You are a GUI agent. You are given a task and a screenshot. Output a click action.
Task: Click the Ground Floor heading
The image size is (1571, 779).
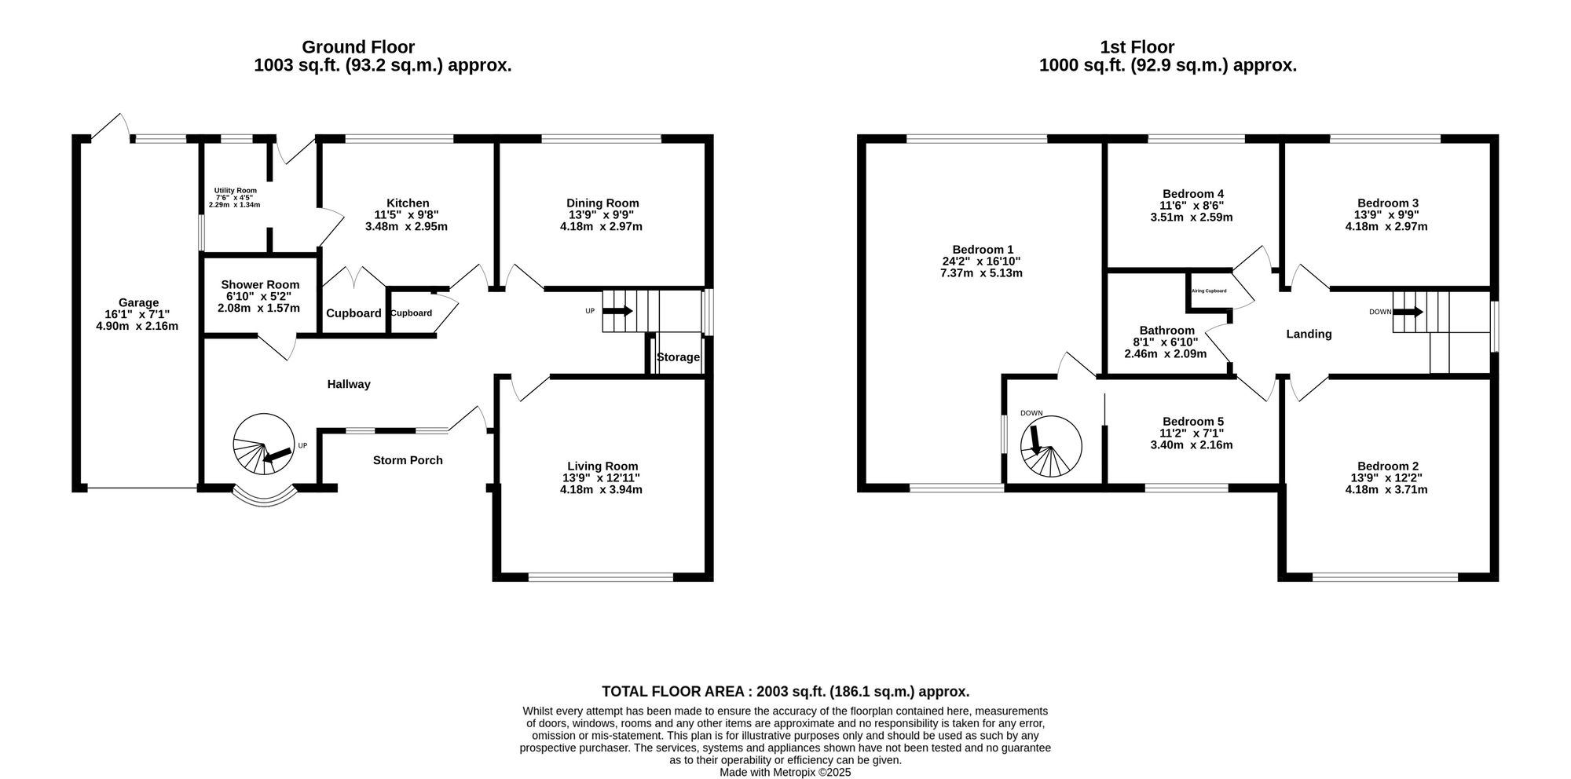(358, 47)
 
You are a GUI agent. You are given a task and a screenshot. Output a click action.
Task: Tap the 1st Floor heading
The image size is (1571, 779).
(1137, 47)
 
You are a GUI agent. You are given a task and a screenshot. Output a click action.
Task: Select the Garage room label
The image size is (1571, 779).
(138, 302)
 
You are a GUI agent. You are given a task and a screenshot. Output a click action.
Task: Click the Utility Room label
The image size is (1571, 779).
(235, 190)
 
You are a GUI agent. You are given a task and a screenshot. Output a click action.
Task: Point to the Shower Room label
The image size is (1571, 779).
(260, 284)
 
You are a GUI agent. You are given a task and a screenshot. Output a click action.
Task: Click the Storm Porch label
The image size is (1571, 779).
(408, 460)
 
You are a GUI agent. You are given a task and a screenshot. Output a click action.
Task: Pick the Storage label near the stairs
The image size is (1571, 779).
(678, 357)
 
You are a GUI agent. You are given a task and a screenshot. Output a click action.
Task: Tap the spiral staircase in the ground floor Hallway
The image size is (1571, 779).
(263, 445)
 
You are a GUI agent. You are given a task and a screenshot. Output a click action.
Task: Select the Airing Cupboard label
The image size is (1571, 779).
(1208, 291)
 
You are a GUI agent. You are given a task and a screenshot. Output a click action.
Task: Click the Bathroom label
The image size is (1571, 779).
(1166, 331)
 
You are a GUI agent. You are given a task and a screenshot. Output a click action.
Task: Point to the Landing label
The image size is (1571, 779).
(1309, 334)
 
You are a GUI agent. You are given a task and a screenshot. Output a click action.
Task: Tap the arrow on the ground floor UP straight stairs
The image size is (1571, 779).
(617, 311)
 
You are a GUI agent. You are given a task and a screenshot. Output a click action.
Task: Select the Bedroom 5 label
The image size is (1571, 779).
(1192, 422)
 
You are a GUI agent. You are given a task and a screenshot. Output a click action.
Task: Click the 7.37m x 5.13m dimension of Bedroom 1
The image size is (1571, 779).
(981, 273)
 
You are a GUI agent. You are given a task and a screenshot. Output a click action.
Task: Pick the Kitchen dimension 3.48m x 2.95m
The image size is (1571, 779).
(406, 227)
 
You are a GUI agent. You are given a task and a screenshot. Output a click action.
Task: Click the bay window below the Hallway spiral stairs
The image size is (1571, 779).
(265, 497)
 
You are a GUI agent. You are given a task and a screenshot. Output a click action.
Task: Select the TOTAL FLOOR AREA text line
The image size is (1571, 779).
(785, 692)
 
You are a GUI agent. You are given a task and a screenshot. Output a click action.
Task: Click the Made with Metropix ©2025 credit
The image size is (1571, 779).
(785, 772)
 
